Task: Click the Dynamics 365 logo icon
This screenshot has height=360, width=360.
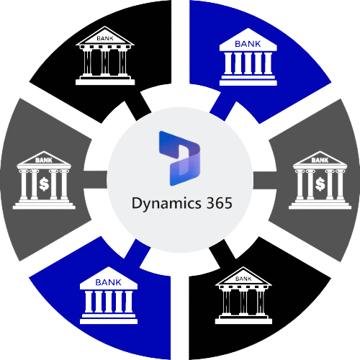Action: (x=179, y=158)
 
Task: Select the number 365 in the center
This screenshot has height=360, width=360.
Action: (x=220, y=203)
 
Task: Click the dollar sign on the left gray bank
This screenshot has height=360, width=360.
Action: (x=44, y=184)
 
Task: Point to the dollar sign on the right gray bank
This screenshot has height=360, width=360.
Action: (x=320, y=184)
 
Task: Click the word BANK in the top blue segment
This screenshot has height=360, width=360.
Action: (x=248, y=44)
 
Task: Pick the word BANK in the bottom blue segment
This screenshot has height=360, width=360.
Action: (x=108, y=282)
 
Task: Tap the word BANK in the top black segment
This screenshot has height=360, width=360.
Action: (x=105, y=38)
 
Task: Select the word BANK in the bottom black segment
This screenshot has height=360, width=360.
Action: (x=243, y=279)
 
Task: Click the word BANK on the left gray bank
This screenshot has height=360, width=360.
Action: (x=44, y=160)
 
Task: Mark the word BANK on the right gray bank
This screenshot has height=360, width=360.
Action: (x=320, y=160)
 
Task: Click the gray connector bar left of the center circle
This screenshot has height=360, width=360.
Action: (x=95, y=179)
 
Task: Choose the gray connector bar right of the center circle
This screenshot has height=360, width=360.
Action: (x=265, y=180)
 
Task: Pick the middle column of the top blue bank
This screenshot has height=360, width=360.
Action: (x=248, y=63)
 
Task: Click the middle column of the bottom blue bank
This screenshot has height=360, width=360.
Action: (x=109, y=302)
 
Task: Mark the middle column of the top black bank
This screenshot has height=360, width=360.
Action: (x=105, y=62)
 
